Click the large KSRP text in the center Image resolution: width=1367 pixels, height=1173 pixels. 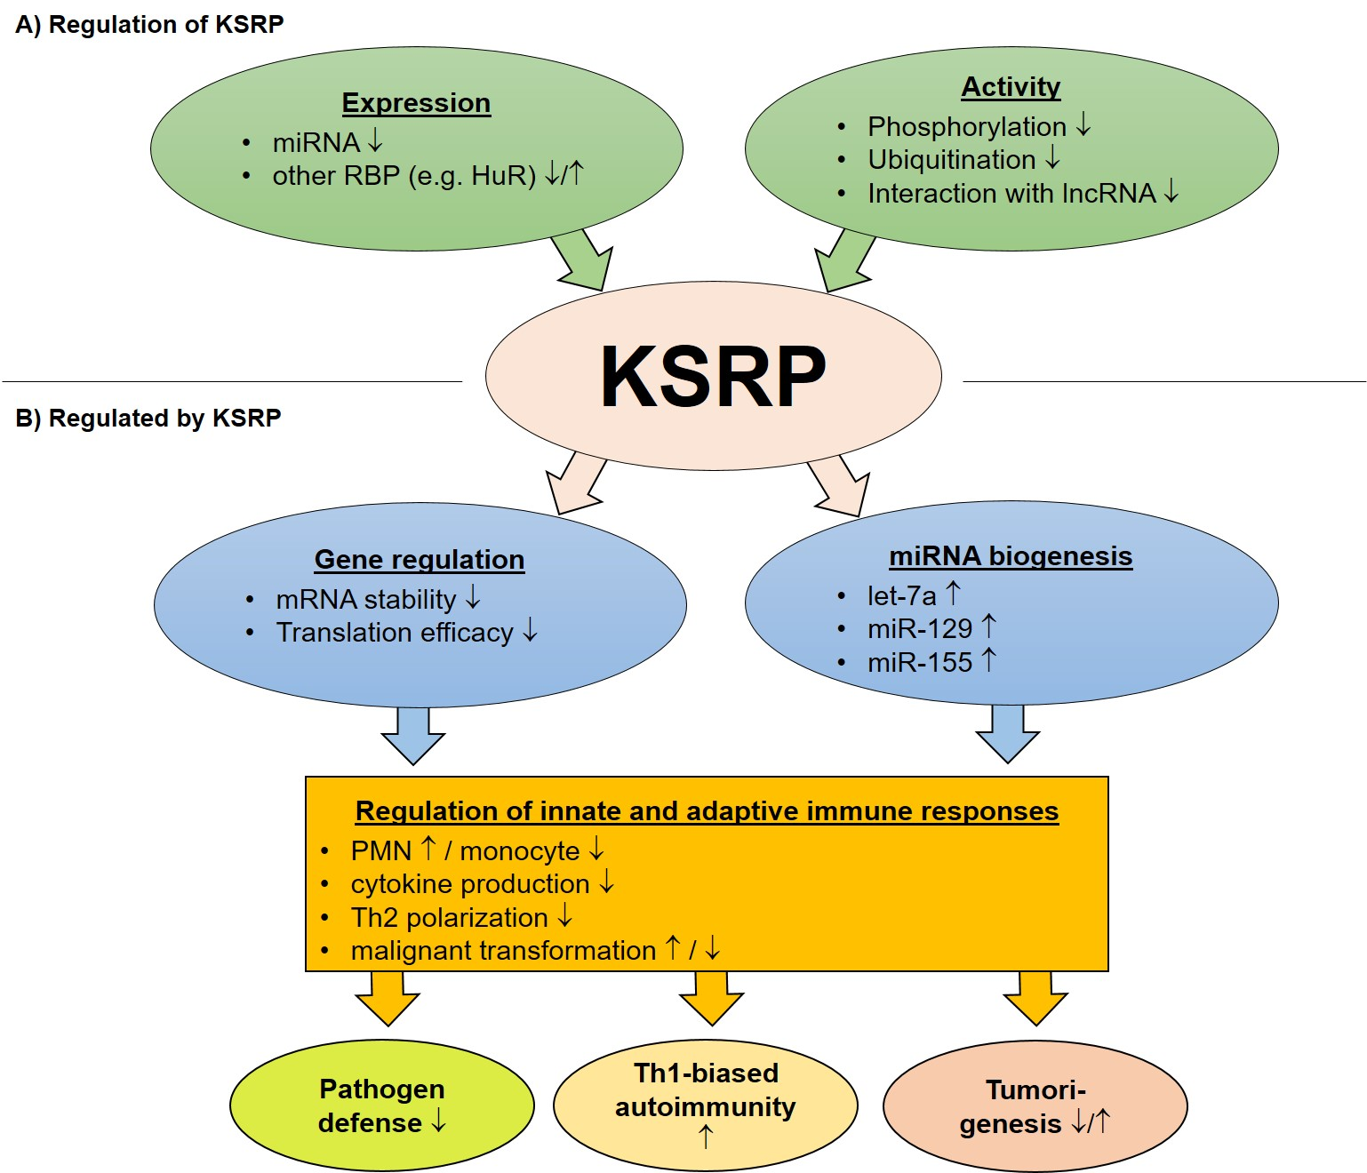pyautogui.click(x=713, y=377)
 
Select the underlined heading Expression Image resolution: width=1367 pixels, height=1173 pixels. pyautogui.click(x=416, y=103)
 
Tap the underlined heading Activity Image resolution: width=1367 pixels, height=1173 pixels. pyautogui.click(x=1011, y=87)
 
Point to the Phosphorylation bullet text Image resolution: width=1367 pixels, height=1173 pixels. pyautogui.click(x=966, y=127)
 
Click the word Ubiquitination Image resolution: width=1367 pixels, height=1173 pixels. pyautogui.click(x=951, y=160)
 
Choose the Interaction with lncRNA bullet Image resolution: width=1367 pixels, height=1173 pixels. pyautogui.click(x=1011, y=194)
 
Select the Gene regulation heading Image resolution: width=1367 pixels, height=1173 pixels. pyautogui.click(x=420, y=560)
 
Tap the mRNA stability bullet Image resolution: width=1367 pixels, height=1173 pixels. pyautogui.click(x=365, y=600)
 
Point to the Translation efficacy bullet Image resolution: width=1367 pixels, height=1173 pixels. pyautogui.click(x=394, y=633)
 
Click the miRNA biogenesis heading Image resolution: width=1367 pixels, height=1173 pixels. pyautogui.click(x=1011, y=556)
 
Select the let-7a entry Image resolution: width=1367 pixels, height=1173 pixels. pyautogui.click(x=901, y=596)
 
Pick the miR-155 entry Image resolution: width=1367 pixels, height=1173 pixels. pyautogui.click(x=919, y=663)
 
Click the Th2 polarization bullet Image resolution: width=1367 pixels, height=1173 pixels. pyautogui.click(x=449, y=918)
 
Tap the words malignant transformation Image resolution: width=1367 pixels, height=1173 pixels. pyautogui.click(x=503, y=951)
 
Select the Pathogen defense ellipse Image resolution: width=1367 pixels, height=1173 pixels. pyautogui.click(x=382, y=1105)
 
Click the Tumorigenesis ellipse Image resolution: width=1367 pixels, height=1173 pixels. pyautogui.click(x=1035, y=1106)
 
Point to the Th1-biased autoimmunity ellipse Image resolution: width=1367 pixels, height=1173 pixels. pyautogui.click(x=706, y=1105)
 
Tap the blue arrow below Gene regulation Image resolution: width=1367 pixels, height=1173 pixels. pyautogui.click(x=413, y=735)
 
